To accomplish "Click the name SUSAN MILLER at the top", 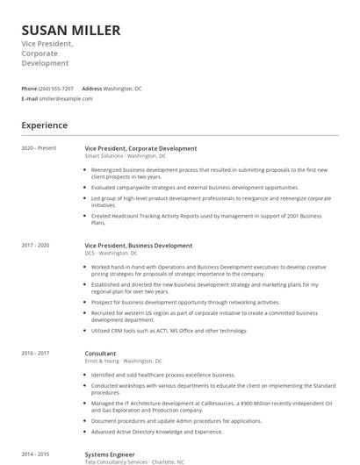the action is tap(70, 31).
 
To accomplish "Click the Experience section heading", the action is tap(44, 125).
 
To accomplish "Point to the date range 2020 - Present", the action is tap(40, 148).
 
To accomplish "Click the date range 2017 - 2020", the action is tap(37, 246).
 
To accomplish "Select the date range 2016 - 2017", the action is tap(37, 354).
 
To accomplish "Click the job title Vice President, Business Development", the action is tap(139, 246).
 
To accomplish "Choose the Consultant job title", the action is tap(100, 354).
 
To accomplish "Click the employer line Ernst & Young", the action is tap(123, 361).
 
